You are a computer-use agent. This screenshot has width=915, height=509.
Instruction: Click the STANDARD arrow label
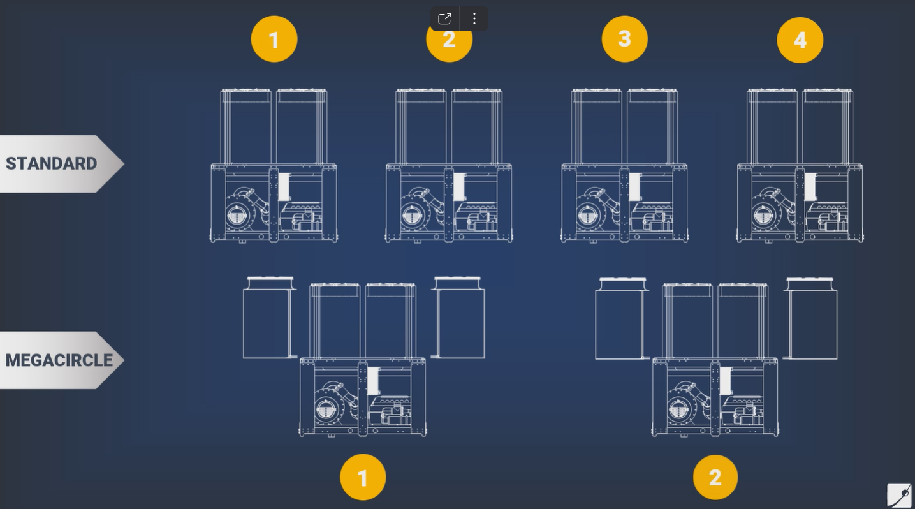click(61, 164)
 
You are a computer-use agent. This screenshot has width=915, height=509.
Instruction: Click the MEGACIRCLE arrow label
click(61, 360)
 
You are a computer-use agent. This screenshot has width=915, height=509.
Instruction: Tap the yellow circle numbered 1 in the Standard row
click(274, 39)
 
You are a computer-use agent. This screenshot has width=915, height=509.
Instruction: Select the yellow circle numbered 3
click(625, 39)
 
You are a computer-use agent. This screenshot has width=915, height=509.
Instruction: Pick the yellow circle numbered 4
click(800, 40)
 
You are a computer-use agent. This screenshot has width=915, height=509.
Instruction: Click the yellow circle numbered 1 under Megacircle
click(363, 477)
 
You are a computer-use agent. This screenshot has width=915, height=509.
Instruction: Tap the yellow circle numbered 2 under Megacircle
click(715, 477)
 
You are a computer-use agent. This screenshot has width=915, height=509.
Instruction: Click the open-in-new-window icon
click(444, 18)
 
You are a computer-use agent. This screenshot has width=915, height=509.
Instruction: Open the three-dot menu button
click(474, 18)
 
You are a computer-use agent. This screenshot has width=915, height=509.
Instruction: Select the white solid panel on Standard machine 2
click(460, 187)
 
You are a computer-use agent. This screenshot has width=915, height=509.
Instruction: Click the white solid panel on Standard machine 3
click(635, 187)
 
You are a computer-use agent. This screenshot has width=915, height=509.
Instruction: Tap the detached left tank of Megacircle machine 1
click(269, 318)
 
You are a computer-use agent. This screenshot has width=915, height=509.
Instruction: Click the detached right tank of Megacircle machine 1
click(458, 318)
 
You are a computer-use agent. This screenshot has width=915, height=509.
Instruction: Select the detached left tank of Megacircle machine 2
click(622, 319)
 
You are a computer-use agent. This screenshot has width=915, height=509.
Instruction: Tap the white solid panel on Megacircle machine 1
click(374, 381)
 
